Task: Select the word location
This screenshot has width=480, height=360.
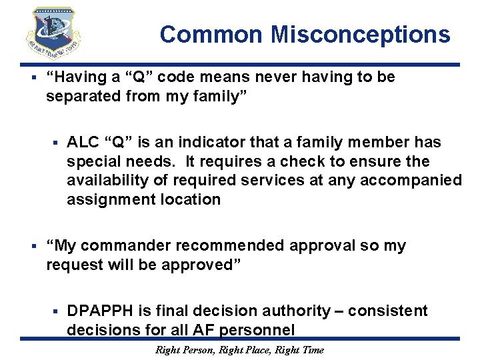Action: (193, 200)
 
